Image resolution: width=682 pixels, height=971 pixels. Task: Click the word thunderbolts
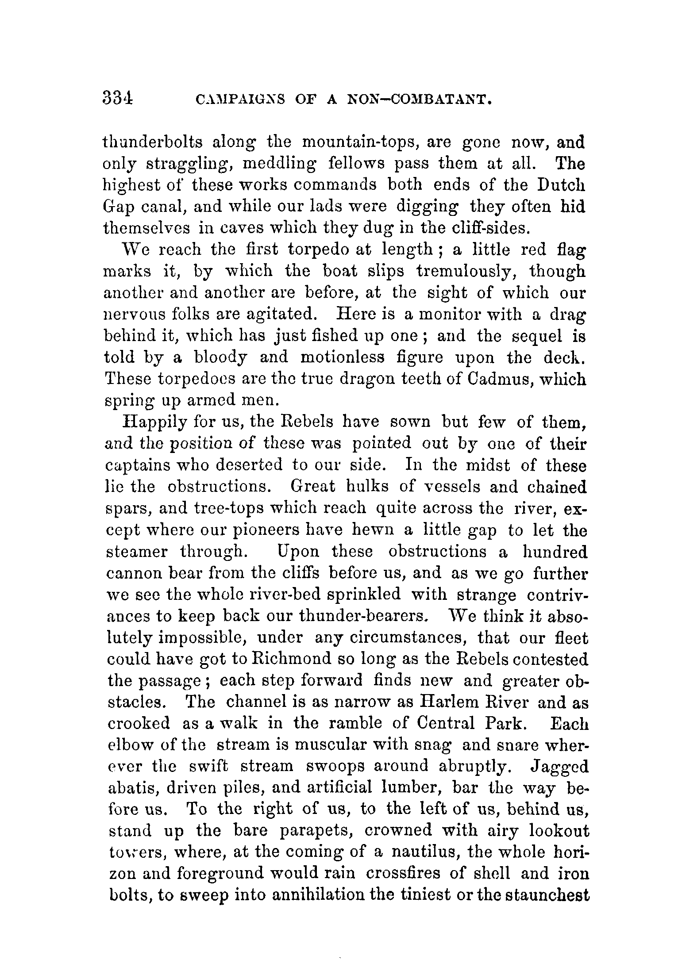pyautogui.click(x=153, y=143)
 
